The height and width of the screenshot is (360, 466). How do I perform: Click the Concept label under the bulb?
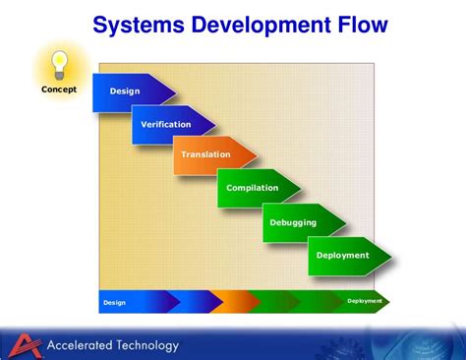(58, 90)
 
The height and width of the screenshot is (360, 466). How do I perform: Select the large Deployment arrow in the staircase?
(344, 255)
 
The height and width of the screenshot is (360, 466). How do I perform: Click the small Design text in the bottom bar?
(115, 303)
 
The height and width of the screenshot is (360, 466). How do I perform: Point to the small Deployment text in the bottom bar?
(364, 301)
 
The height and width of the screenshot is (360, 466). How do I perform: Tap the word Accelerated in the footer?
(79, 345)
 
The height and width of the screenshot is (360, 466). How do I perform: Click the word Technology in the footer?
(147, 345)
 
